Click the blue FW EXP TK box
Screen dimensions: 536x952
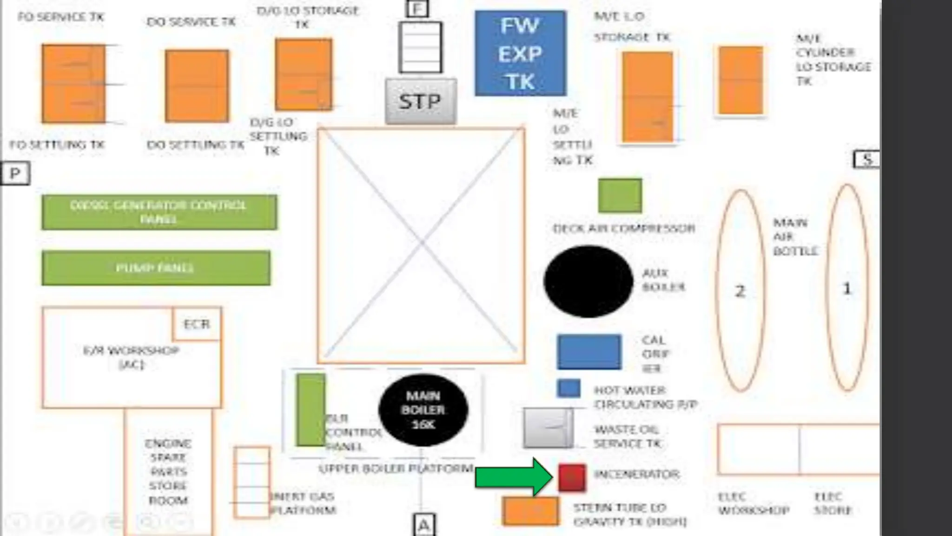point(520,54)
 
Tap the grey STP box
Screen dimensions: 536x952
point(420,101)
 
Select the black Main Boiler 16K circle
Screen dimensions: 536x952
point(423,410)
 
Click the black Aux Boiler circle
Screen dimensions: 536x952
point(588,281)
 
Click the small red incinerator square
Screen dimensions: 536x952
point(572,477)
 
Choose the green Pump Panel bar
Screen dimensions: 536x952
point(156,268)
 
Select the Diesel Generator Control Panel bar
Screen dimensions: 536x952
point(159,212)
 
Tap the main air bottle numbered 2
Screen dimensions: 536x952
point(740,290)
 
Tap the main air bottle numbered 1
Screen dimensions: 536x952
point(847,288)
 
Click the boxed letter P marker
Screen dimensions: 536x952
point(15,174)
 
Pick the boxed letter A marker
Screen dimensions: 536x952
point(423,525)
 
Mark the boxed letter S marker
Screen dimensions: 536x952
point(867,160)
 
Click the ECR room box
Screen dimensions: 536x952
point(197,324)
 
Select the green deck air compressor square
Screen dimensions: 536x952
point(620,195)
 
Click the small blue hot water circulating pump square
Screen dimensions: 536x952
point(569,388)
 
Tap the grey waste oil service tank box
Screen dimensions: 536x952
point(548,428)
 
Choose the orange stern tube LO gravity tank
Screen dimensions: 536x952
point(530,511)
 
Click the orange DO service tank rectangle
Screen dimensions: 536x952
point(197,86)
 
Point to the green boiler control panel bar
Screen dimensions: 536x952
point(311,409)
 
